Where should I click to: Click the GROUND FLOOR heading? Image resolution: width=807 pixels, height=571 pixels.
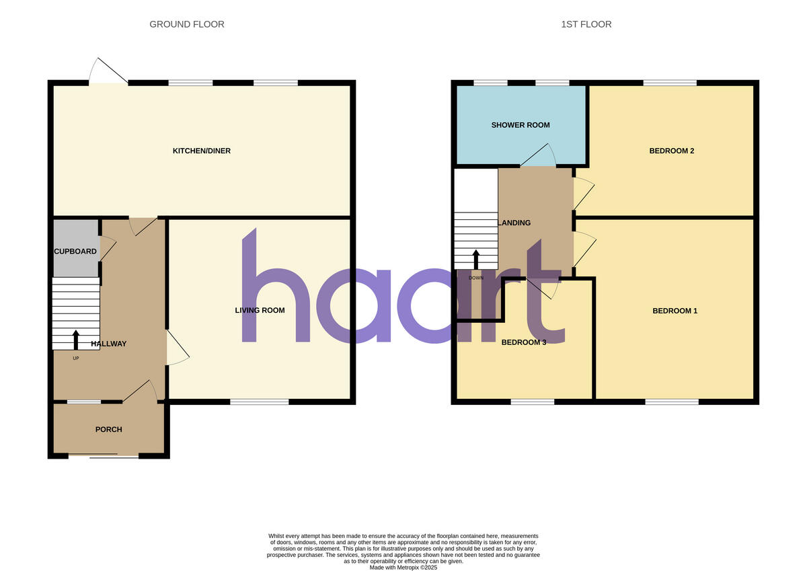(x=187, y=24)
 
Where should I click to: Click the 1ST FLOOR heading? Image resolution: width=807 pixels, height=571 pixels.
(x=586, y=24)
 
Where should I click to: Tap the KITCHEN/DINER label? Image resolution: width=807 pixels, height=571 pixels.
(x=202, y=151)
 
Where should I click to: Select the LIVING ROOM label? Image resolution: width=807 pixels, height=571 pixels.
(x=260, y=310)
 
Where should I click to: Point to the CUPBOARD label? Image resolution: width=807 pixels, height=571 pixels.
(x=75, y=252)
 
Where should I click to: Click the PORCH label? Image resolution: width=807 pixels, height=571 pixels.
(x=109, y=429)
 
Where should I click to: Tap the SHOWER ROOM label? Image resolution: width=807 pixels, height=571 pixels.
(x=521, y=125)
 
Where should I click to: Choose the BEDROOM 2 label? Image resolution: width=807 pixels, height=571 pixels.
(x=671, y=151)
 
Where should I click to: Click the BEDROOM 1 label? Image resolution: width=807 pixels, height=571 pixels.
(x=675, y=311)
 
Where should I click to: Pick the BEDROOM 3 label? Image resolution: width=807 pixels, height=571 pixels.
(x=524, y=342)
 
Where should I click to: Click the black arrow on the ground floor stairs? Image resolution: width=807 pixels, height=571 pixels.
(x=76, y=339)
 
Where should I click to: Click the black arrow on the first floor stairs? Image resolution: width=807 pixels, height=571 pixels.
(x=476, y=260)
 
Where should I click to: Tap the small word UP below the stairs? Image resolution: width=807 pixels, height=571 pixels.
(x=76, y=358)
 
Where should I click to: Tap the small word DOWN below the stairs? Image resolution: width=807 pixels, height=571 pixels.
(x=476, y=277)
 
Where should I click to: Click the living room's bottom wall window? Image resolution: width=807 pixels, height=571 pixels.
(x=260, y=402)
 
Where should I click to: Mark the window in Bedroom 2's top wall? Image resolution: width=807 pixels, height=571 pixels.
(x=670, y=83)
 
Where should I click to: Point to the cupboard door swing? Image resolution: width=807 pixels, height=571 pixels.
(x=108, y=247)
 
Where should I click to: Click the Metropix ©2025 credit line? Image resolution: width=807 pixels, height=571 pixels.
(x=403, y=568)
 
